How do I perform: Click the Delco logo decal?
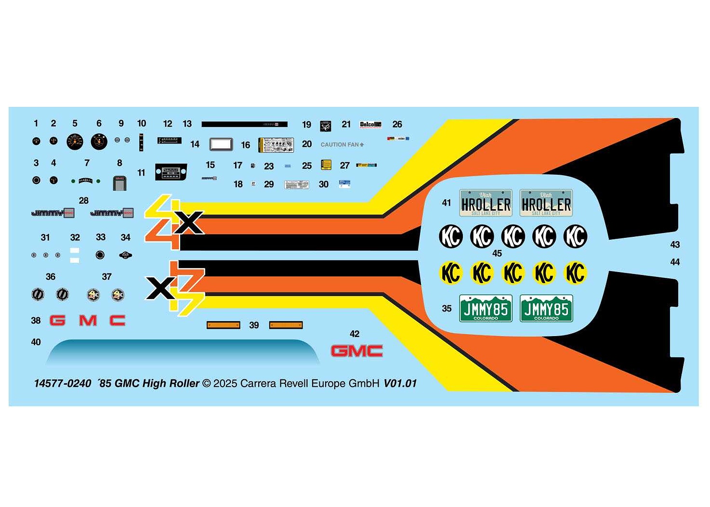click(370, 125)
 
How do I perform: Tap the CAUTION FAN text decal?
click(342, 144)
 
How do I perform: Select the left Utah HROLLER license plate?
click(486, 203)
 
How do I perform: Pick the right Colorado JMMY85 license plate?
click(546, 308)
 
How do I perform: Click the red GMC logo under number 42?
click(356, 351)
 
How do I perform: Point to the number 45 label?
click(497, 254)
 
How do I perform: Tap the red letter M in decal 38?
click(88, 320)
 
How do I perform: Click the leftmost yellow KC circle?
click(451, 273)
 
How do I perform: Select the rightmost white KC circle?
click(575, 236)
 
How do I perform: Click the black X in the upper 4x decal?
click(189, 223)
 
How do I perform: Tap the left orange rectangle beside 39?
click(224, 325)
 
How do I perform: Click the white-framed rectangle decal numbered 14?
click(221, 144)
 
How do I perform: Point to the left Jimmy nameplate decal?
click(53, 213)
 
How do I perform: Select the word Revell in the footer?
click(294, 384)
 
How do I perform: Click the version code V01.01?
click(400, 384)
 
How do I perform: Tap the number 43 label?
click(675, 245)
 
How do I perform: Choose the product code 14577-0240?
click(63, 384)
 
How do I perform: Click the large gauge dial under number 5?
click(75, 142)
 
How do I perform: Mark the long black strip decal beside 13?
click(244, 124)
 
